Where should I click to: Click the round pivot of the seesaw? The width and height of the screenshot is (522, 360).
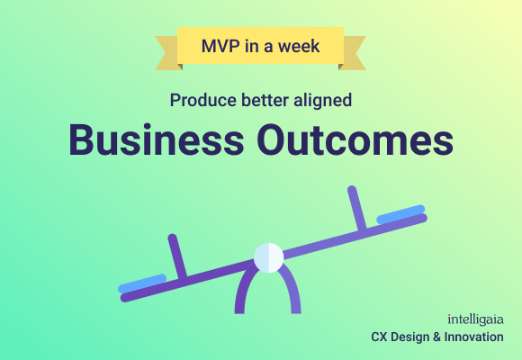(x=268, y=257)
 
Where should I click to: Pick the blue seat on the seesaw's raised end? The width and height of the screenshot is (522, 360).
(x=400, y=213)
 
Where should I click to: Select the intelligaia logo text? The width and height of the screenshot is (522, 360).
(x=476, y=319)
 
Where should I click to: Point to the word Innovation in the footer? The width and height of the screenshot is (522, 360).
(x=473, y=337)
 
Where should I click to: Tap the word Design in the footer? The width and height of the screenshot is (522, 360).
(x=411, y=337)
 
